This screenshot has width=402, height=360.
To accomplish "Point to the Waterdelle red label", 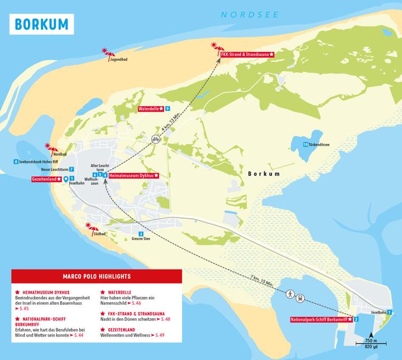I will coord(151,108).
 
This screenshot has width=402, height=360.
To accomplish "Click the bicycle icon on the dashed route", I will coord(156,140).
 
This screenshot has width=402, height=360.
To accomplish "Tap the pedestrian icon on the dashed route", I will coord(290,294).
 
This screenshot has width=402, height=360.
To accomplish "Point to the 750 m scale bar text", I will coord(371,340).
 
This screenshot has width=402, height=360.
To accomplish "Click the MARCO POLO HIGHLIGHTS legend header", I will coord(97,276).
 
